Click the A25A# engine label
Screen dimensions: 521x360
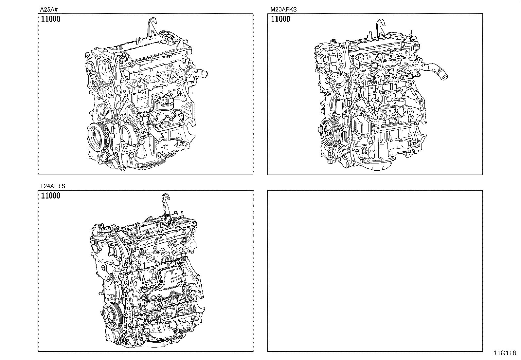coord(49,9)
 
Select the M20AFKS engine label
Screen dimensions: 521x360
coord(283,9)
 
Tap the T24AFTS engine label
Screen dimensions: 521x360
coord(53,186)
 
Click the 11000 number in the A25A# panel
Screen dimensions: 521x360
coord(51,19)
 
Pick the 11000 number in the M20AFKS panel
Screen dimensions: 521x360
coord(280,19)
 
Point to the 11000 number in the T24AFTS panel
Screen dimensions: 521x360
coord(51,195)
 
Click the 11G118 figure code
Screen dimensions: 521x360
coord(505,353)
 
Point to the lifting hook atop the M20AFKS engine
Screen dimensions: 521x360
coord(380,27)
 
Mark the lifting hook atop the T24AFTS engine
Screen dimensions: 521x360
coord(165,203)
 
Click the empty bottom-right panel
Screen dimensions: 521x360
coord(375,271)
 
